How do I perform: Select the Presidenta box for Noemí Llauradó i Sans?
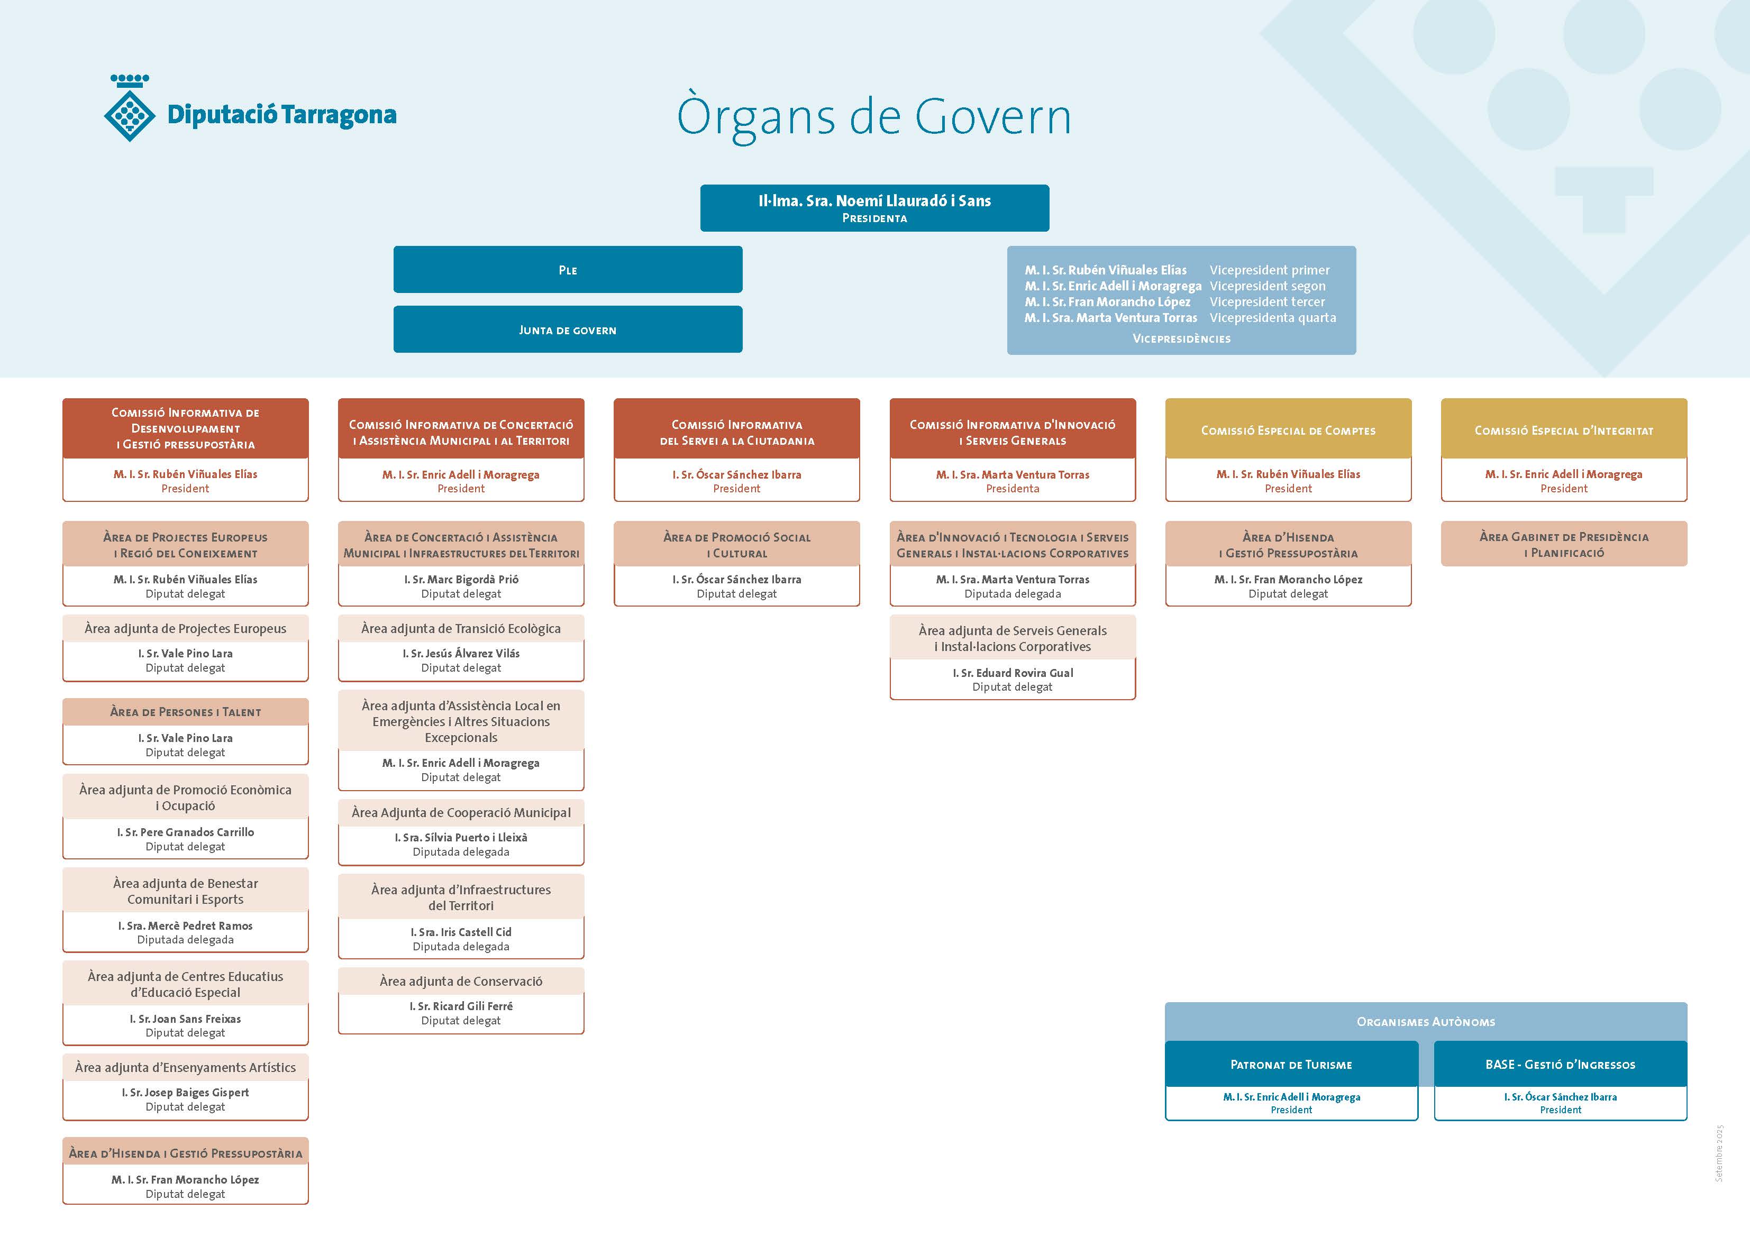point(874,207)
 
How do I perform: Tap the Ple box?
point(568,270)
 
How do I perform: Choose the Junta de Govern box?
point(568,329)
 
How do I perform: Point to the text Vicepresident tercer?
point(1267,302)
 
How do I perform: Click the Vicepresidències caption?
point(1181,338)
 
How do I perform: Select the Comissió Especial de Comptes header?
point(1288,430)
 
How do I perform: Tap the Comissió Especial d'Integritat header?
point(1563,430)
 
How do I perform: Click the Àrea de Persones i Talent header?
point(185,712)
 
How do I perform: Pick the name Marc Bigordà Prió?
point(461,579)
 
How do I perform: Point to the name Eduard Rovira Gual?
point(1012,673)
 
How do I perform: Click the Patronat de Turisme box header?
point(1291,1064)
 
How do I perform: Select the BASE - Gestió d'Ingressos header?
point(1560,1064)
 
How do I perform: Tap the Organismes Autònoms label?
point(1425,1021)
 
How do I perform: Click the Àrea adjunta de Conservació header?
point(461,981)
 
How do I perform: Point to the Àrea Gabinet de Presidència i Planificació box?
point(1563,544)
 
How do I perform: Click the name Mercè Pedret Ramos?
point(185,926)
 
